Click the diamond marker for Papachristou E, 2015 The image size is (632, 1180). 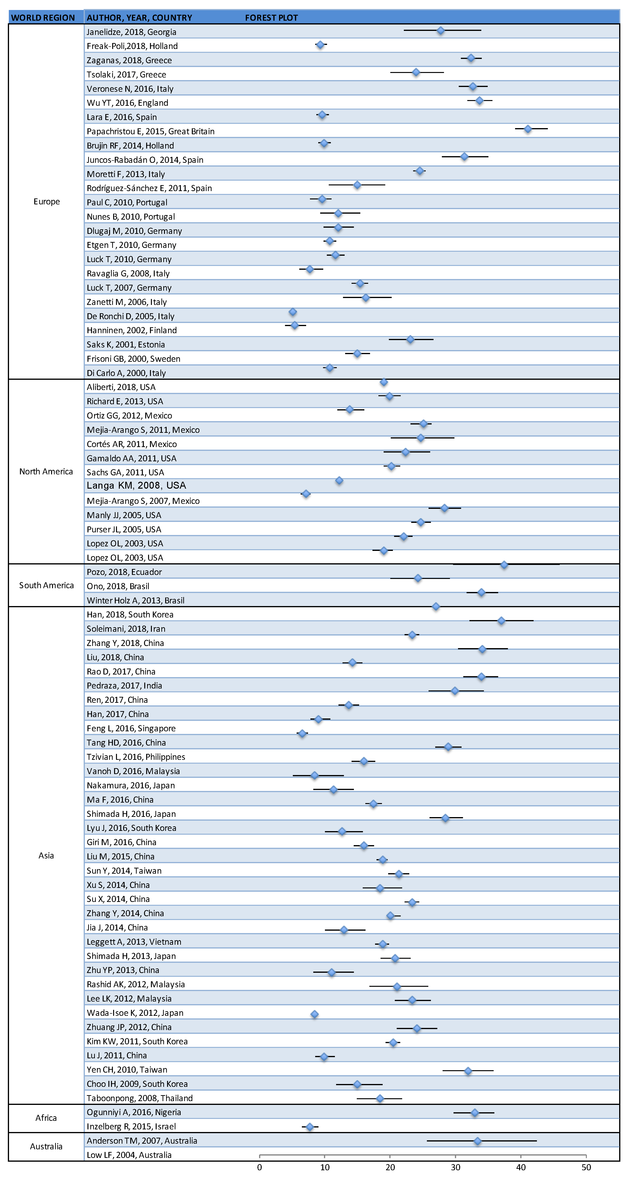click(528, 129)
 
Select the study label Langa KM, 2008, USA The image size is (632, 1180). click(136, 486)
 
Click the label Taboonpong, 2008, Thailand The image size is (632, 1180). click(140, 1098)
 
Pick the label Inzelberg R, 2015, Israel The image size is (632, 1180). click(131, 1126)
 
